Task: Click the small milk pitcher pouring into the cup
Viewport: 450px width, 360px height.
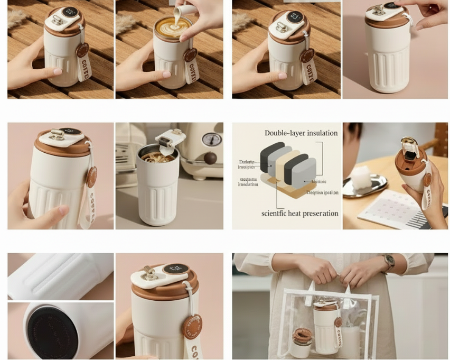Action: [179, 11]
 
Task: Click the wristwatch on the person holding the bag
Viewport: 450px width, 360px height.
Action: [389, 262]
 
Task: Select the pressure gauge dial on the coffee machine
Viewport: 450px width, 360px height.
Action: [211, 139]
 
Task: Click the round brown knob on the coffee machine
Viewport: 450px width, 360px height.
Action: [210, 158]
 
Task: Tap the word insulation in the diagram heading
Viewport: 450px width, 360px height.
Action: [322, 133]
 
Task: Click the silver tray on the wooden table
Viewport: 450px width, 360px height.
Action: [364, 186]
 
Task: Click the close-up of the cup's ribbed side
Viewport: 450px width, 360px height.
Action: [60, 276]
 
